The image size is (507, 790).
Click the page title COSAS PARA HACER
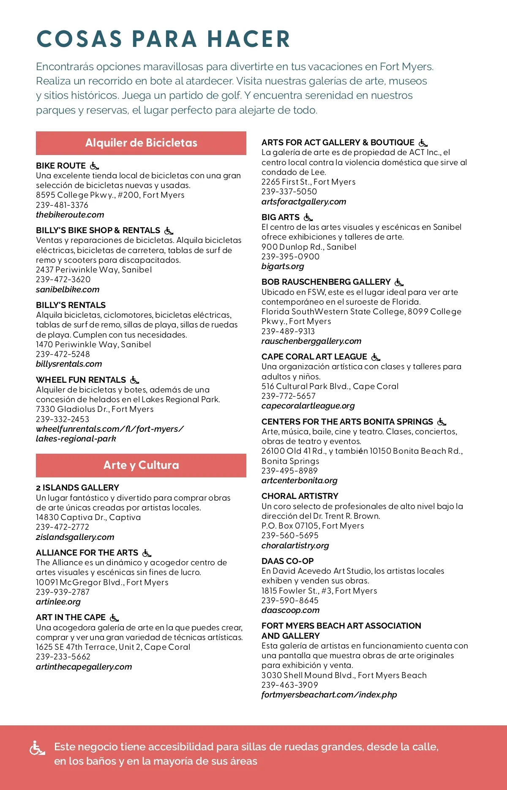point(163,39)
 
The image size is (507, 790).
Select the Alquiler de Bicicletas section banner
point(141,143)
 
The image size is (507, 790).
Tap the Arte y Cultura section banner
point(141,465)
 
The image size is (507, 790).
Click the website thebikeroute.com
point(70,215)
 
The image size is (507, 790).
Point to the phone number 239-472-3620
point(63,279)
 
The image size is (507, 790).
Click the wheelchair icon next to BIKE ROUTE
point(95,166)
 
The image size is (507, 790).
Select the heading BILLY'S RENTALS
point(71,305)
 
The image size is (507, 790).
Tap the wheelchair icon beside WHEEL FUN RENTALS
point(135,380)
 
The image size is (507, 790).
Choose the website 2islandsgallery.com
point(75,537)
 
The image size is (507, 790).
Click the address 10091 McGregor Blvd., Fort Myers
point(102,582)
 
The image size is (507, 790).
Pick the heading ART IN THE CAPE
point(71,617)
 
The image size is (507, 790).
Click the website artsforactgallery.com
point(304,202)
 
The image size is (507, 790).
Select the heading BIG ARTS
point(281,217)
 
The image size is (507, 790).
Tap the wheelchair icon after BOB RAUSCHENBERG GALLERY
point(399,282)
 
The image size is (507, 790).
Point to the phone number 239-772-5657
point(289,396)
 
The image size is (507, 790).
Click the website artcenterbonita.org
point(300,480)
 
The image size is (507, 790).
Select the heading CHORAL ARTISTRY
point(300,496)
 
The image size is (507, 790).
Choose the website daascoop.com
point(291,610)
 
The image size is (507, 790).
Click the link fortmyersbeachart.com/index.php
point(329,695)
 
